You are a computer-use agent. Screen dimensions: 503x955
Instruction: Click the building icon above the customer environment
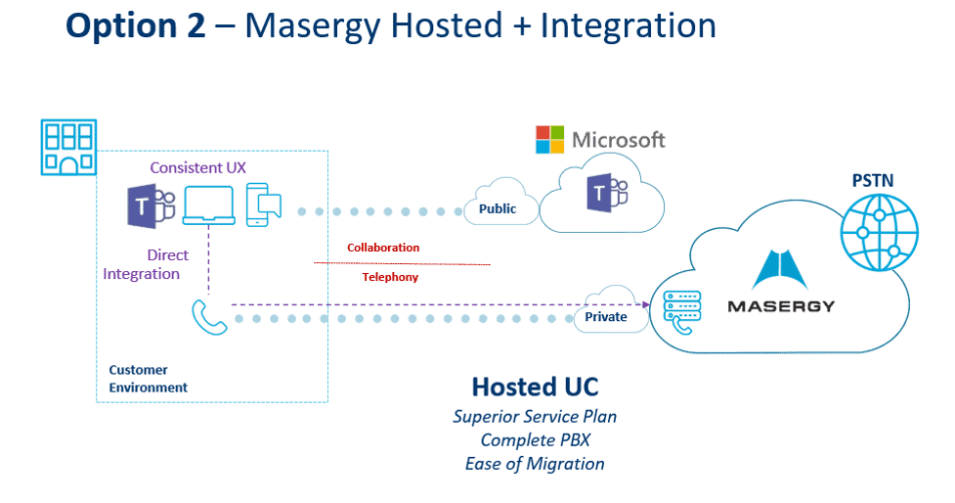[67, 147]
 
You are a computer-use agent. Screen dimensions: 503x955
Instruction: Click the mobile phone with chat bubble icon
[263, 205]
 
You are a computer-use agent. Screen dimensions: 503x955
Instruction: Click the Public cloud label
[497, 208]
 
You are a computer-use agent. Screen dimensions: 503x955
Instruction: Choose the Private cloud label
[606, 316]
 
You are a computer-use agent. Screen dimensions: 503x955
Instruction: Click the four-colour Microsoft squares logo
[550, 140]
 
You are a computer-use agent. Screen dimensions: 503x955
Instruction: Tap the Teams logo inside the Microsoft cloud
[600, 195]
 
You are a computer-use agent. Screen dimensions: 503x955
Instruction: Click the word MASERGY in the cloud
[781, 306]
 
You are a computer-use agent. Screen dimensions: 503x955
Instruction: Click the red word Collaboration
[383, 248]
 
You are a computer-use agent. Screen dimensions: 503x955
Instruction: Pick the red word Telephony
[390, 277]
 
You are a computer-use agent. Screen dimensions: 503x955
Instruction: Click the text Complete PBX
[534, 439]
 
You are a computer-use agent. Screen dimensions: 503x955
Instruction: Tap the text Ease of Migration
[534, 463]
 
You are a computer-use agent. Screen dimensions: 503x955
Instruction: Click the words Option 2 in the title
[136, 26]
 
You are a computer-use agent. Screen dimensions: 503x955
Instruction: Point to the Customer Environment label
[148, 379]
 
